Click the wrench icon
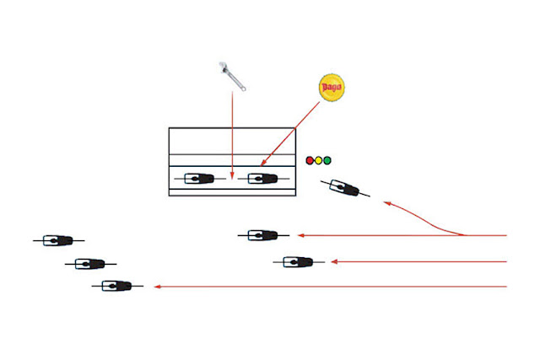[x=232, y=76]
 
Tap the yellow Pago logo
[x=332, y=88]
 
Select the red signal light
[x=310, y=160]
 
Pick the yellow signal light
[x=319, y=160]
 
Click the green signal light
[x=327, y=160]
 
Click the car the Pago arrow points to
[x=263, y=179]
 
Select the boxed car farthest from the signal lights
[x=200, y=179]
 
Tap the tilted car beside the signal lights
[x=345, y=188]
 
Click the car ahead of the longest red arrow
[x=117, y=286]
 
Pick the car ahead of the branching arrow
[x=263, y=235]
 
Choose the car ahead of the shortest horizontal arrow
[x=299, y=262]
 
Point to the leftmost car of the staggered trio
[x=58, y=240]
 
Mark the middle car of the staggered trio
[x=90, y=264]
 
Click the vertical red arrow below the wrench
[x=233, y=135]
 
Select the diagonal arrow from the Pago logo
[x=290, y=134]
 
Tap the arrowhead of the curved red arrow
[x=387, y=204]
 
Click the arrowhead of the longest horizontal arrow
[x=158, y=287]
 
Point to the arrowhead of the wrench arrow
[x=233, y=175]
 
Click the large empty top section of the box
[x=232, y=141]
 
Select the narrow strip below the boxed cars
[x=232, y=192]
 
